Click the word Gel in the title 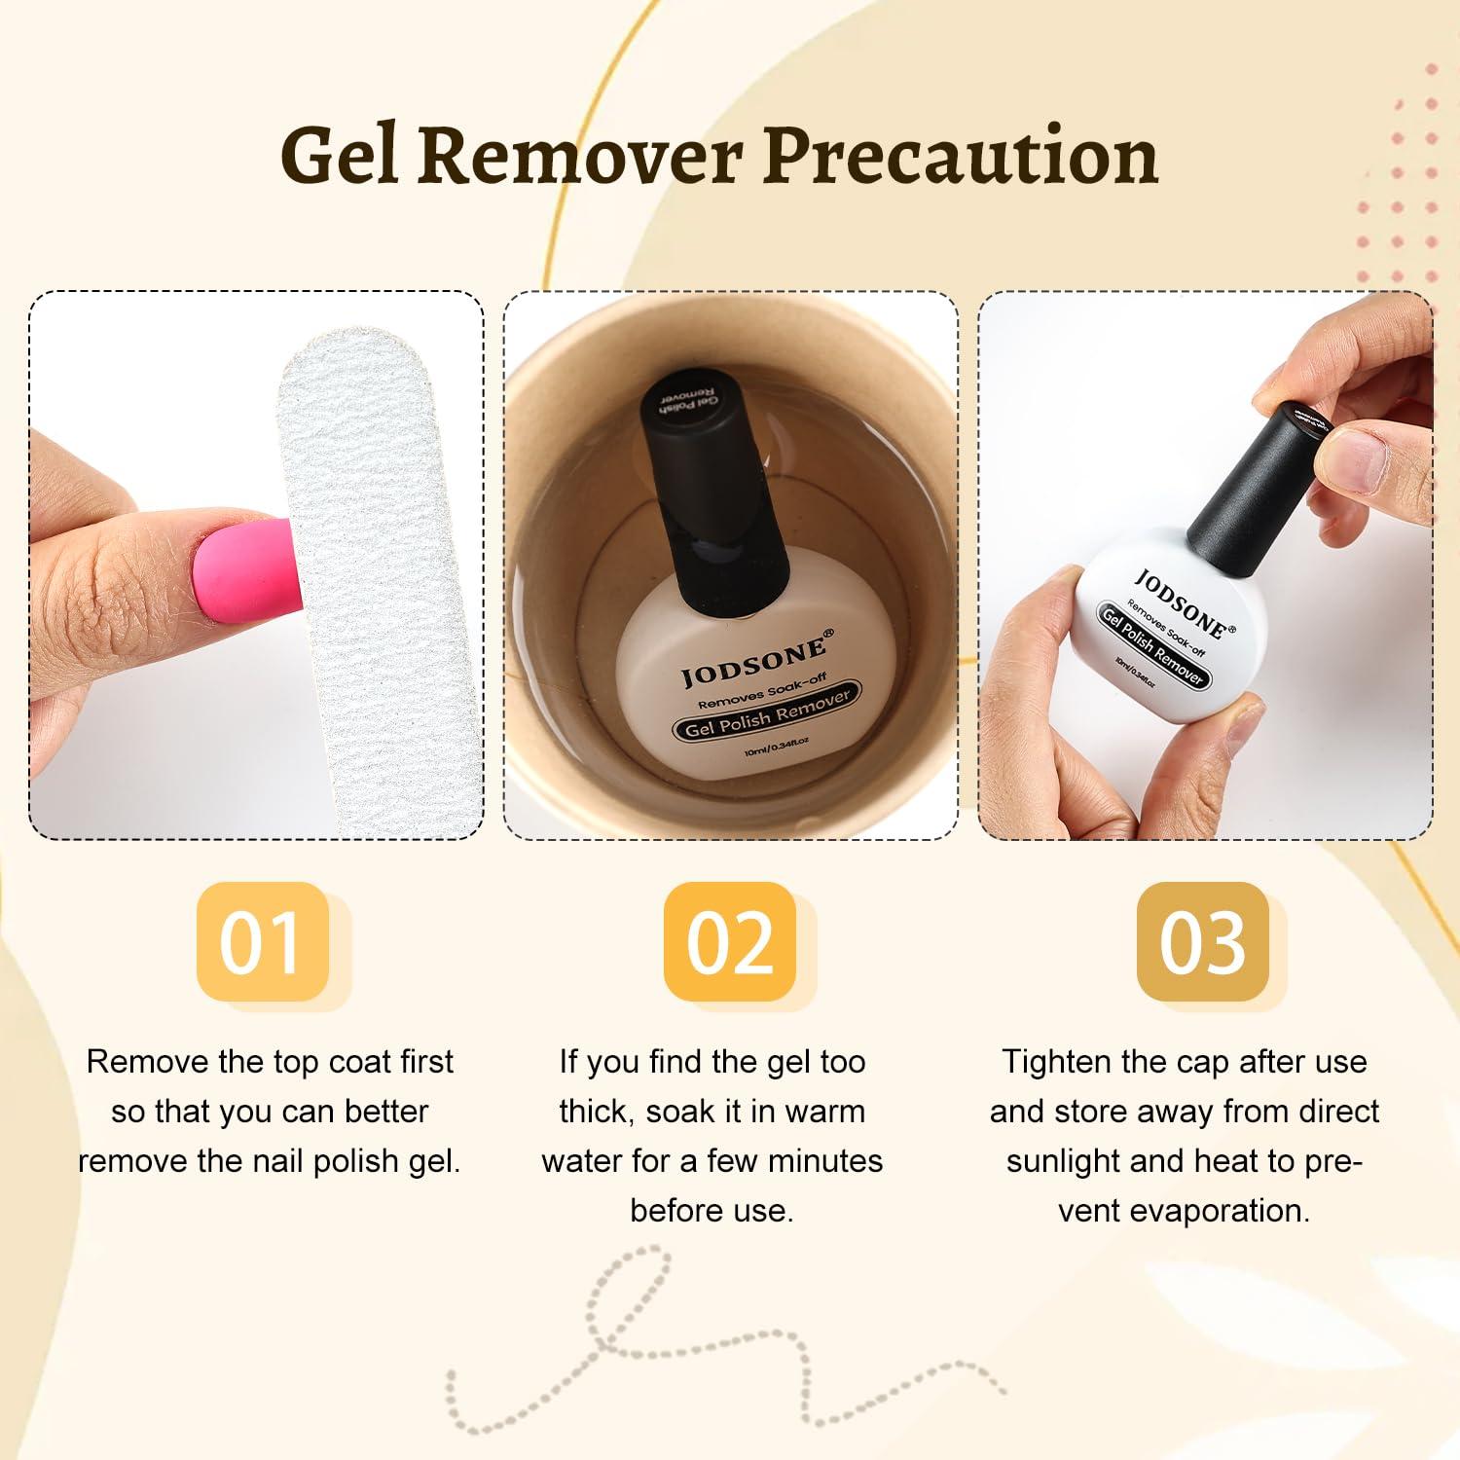coord(340,156)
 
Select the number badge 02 coord(730,941)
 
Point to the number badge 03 coord(1203,941)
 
